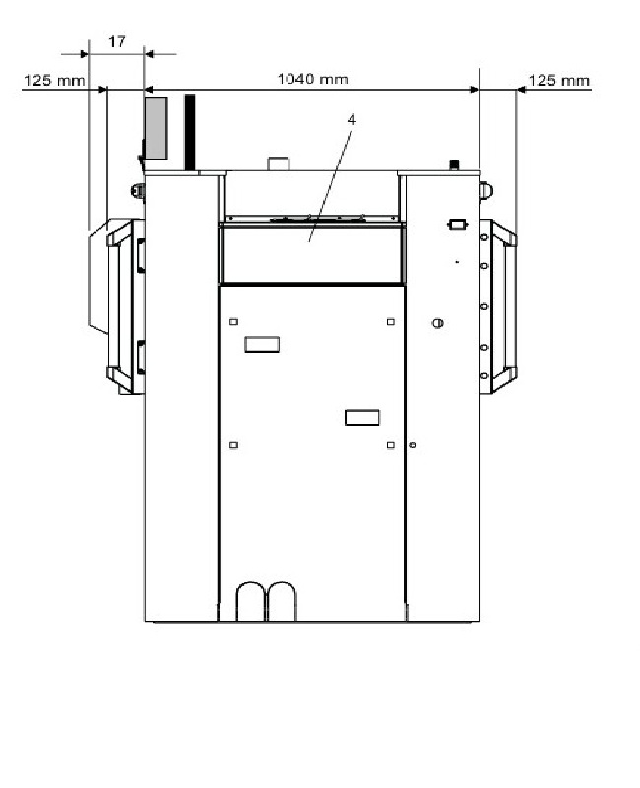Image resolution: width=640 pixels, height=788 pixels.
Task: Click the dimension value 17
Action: (117, 42)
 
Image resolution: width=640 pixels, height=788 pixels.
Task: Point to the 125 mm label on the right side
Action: (558, 80)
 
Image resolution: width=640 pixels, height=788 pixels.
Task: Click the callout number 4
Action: (351, 119)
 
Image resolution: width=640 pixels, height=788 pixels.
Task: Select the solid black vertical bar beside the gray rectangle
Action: (189, 129)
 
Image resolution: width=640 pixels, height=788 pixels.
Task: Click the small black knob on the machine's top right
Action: (454, 164)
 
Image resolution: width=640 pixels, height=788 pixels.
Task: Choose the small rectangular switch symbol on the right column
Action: (457, 225)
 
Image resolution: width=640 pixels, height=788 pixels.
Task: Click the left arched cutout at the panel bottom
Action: (251, 601)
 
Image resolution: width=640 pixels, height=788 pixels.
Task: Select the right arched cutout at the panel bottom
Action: (283, 601)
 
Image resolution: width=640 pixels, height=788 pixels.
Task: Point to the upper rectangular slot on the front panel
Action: (262, 343)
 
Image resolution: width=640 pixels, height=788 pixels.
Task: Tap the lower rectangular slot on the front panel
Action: (361, 418)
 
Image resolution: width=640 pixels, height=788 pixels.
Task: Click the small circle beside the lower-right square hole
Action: (413, 445)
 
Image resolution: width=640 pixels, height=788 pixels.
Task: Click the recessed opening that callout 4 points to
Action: (311, 254)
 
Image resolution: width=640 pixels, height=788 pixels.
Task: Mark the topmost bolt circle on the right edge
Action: (484, 237)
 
